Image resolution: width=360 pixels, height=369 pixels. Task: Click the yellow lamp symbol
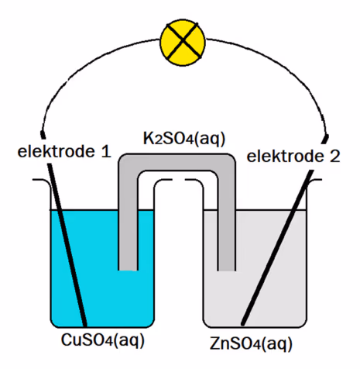point(183,40)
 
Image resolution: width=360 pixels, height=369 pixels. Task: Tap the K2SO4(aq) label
point(184,139)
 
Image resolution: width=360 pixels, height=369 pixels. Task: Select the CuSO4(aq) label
point(103,340)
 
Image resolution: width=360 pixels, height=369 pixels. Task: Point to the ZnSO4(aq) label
point(251,343)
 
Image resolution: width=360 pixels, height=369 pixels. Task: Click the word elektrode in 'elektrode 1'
point(56,152)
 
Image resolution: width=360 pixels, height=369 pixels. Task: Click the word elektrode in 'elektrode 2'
point(285,157)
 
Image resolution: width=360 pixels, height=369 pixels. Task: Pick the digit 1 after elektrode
point(106,152)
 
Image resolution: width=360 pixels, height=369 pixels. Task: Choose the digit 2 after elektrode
point(334,157)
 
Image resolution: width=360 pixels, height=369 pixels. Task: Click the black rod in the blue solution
point(67,245)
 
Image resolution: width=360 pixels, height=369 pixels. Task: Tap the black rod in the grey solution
point(277,247)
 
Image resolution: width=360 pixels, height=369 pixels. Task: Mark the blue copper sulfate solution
point(102,297)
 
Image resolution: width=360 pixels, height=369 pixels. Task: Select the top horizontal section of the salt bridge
point(177,162)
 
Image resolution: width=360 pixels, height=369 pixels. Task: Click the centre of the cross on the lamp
point(183,40)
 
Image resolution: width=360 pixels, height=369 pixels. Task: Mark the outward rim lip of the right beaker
point(315,181)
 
